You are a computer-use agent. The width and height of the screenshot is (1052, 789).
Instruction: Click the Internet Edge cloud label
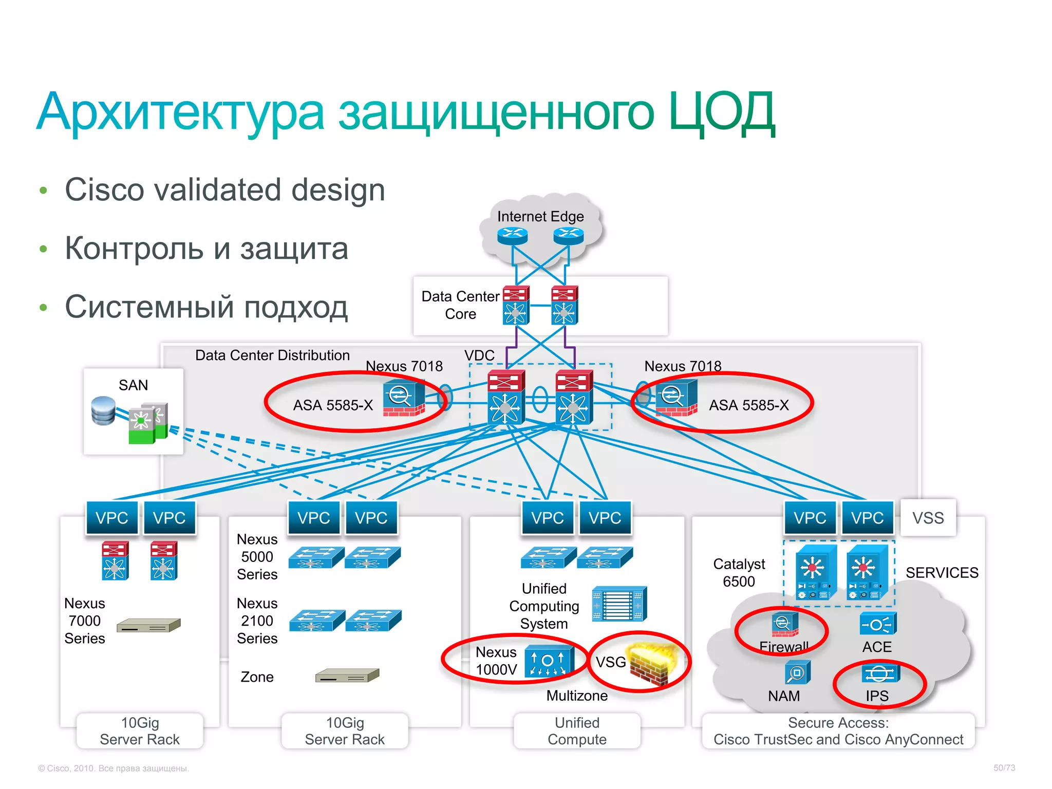(x=540, y=216)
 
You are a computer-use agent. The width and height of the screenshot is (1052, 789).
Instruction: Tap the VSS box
(x=928, y=517)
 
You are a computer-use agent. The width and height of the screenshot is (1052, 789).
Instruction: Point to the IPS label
(x=876, y=696)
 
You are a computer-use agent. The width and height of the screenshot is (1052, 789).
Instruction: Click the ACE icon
(x=877, y=624)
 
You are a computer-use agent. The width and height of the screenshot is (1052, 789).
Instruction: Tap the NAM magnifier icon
(x=797, y=672)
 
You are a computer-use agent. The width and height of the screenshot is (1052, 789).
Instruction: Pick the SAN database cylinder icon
(x=103, y=410)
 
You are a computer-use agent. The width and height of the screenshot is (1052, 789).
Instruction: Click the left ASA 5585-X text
(x=332, y=405)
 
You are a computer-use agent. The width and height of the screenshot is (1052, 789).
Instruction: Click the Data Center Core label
(x=460, y=305)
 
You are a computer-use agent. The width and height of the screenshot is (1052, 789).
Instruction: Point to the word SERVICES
(x=942, y=572)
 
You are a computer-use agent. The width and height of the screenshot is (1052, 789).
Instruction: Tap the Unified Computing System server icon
(x=618, y=604)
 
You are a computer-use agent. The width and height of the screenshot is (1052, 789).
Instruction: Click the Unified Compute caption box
(x=577, y=730)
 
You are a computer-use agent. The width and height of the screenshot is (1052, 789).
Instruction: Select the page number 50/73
(x=1004, y=767)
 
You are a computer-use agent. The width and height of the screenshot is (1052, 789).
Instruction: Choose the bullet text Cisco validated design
(x=224, y=190)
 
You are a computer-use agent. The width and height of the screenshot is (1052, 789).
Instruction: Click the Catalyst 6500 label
(x=739, y=572)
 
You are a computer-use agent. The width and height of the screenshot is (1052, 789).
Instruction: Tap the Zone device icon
(x=347, y=675)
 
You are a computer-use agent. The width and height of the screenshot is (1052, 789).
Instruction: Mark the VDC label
(x=479, y=355)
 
